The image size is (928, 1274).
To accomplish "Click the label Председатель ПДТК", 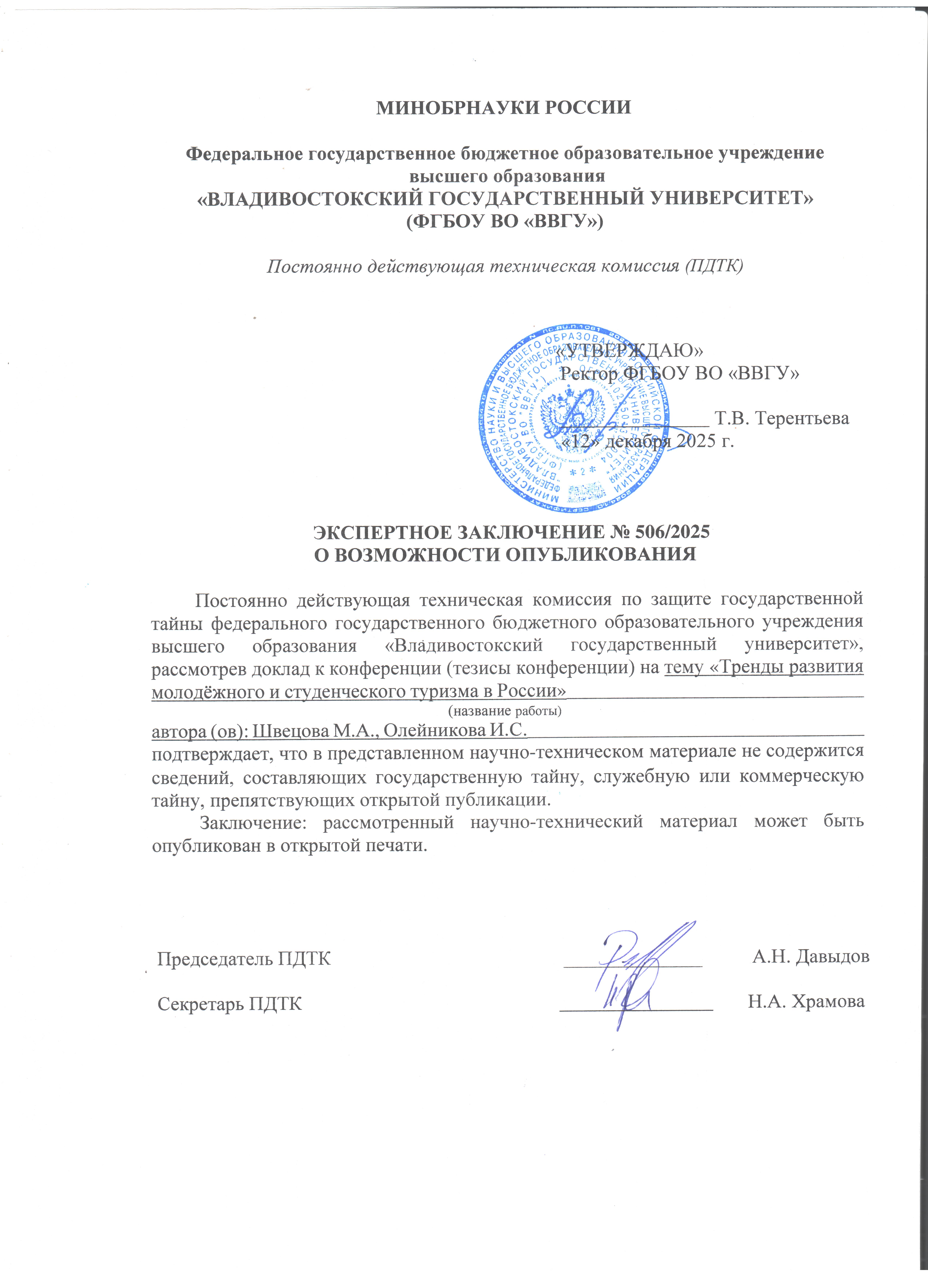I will (244, 958).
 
